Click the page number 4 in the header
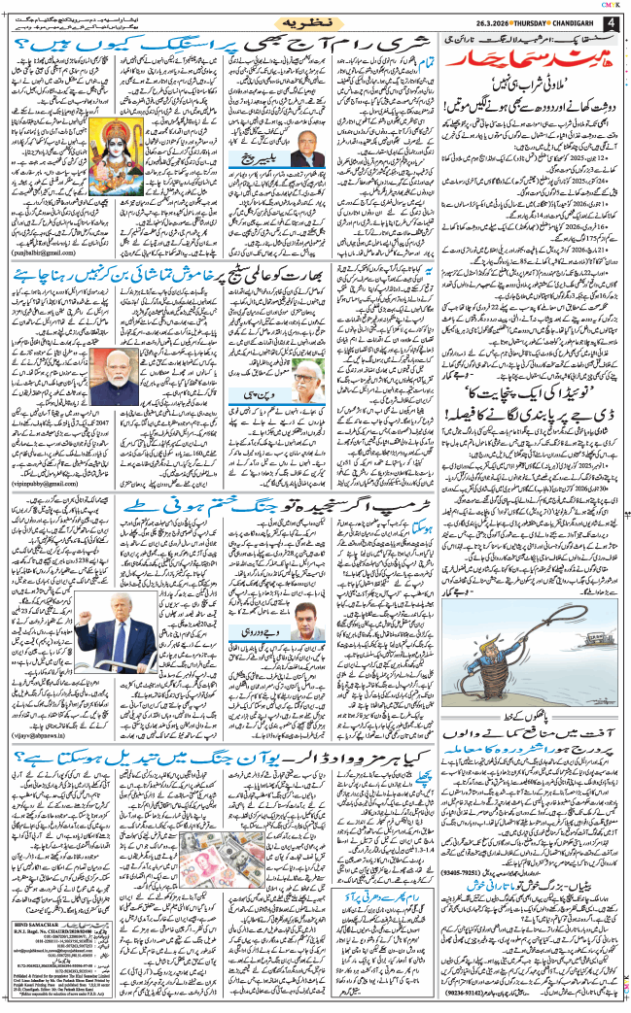pos(613,23)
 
